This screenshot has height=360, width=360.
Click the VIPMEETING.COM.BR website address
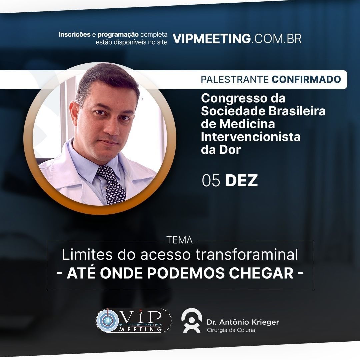[237, 39]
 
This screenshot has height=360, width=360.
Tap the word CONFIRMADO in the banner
[306, 79]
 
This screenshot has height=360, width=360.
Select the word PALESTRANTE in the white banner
[235, 79]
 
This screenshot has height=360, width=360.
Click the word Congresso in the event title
[233, 99]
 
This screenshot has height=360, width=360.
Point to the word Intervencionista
[251, 137]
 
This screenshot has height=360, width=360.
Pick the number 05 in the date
[211, 180]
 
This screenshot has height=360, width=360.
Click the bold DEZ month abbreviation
[241, 180]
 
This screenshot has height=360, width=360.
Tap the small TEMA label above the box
[180, 240]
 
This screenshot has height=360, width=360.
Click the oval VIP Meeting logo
[133, 321]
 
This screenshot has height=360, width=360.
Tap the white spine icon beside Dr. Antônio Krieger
[191, 321]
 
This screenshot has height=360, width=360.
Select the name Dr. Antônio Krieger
[243, 322]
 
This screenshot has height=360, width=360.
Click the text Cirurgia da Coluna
[231, 330]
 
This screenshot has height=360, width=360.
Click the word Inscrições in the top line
[74, 34]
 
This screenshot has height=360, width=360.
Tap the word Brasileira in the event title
[297, 111]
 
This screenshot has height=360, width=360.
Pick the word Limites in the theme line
[87, 255]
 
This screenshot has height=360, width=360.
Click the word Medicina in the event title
[247, 124]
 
